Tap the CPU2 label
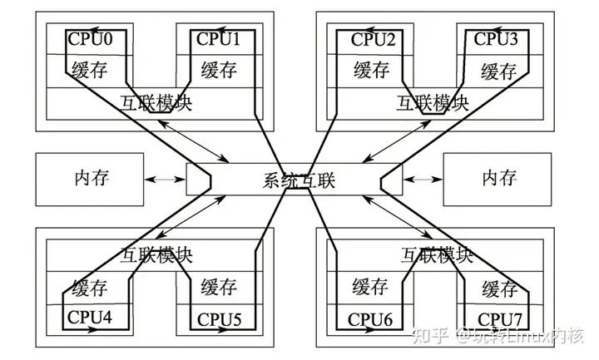coord(373,39)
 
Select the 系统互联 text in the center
coord(299,180)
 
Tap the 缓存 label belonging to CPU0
coord(90,70)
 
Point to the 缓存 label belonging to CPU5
coord(218,288)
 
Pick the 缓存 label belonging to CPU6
coord(371,288)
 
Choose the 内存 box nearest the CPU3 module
coord(499,178)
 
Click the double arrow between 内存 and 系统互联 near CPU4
coord(166,178)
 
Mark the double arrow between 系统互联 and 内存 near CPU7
coord(423,178)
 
